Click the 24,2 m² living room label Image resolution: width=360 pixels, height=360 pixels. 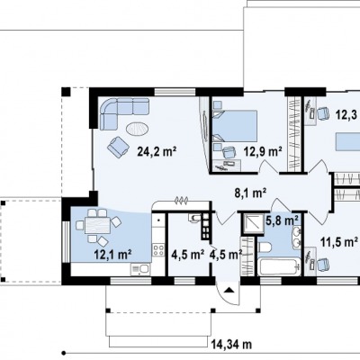(157, 151)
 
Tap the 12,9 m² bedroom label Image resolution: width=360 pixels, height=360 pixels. (263, 151)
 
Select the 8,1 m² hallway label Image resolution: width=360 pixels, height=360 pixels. (250, 193)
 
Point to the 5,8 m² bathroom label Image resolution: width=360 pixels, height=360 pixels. (282, 220)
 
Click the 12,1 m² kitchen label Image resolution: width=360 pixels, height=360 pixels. (113, 255)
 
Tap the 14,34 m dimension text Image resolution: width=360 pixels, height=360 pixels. (231, 344)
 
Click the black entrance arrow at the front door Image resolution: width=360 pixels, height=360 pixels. (229, 290)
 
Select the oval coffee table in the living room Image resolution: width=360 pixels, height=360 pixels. (137, 129)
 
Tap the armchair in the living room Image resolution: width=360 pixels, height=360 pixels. (118, 147)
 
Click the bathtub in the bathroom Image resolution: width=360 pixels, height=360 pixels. (279, 266)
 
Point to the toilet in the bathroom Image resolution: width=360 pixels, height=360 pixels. (265, 247)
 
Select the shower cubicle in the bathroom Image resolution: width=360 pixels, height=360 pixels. (253, 224)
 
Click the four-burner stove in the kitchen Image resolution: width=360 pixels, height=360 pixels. (158, 250)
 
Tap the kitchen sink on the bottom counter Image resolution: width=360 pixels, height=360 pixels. (139, 268)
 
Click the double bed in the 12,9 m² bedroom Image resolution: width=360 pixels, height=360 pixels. (235, 126)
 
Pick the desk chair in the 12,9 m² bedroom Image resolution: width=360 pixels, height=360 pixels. (229, 152)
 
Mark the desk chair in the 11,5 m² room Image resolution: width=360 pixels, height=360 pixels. (323, 264)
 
